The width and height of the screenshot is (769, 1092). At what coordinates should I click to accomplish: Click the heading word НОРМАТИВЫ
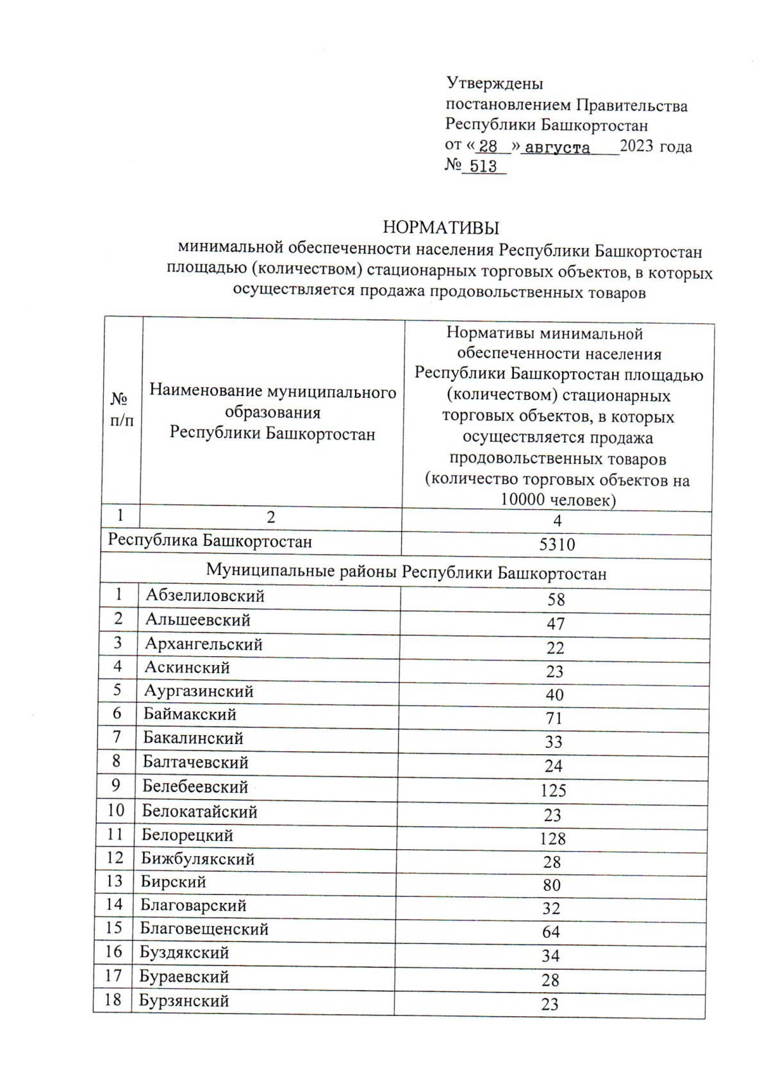pyautogui.click(x=440, y=227)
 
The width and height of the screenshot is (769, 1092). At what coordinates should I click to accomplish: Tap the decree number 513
pyautogui.click(x=483, y=167)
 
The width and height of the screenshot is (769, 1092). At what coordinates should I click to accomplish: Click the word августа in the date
pyautogui.click(x=557, y=147)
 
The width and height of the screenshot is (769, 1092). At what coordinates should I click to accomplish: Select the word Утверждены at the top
pyautogui.click(x=494, y=83)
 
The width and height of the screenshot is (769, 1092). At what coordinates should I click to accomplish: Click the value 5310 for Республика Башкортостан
pyautogui.click(x=557, y=545)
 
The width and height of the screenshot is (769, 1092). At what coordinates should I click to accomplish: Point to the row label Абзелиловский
pyautogui.click(x=205, y=595)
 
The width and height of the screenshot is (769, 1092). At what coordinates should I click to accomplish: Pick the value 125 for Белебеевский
pyautogui.click(x=553, y=790)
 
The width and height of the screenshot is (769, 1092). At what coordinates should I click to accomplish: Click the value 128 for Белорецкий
pyautogui.click(x=552, y=838)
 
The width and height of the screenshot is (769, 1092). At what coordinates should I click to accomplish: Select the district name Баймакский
pyautogui.click(x=190, y=714)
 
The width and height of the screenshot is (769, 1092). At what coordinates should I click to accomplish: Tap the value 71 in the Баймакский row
pyautogui.click(x=554, y=718)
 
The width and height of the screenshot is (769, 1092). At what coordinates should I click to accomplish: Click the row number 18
pyautogui.click(x=113, y=1000)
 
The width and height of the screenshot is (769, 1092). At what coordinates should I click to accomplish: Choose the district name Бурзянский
pyautogui.click(x=184, y=1000)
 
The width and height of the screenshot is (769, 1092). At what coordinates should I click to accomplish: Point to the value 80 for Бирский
pyautogui.click(x=552, y=885)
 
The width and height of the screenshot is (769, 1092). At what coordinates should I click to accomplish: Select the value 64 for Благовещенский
pyautogui.click(x=551, y=932)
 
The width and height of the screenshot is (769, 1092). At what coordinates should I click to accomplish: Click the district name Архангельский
pyautogui.click(x=204, y=643)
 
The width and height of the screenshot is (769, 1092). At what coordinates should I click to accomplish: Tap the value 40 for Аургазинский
pyautogui.click(x=554, y=695)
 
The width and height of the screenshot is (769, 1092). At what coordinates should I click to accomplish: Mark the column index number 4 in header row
pyautogui.click(x=557, y=521)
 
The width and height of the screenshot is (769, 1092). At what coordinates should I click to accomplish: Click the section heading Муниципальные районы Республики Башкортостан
pyautogui.click(x=406, y=572)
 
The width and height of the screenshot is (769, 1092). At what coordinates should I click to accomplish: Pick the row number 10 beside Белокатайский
pyautogui.click(x=115, y=810)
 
